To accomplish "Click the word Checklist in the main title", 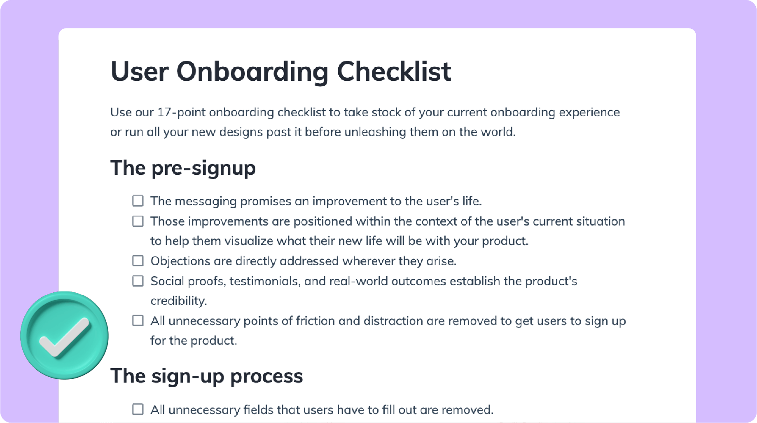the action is click(x=394, y=71).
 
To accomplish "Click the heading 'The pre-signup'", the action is click(x=183, y=168).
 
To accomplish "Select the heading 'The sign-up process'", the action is click(x=207, y=376).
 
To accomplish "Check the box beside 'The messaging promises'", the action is click(x=138, y=201).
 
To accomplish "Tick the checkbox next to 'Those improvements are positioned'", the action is click(x=138, y=221).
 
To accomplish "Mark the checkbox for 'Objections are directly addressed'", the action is click(x=138, y=261).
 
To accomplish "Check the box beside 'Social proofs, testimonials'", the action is click(x=138, y=281).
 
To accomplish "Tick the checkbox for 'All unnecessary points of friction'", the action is click(x=138, y=321).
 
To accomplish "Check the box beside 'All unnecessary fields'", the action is click(x=138, y=409).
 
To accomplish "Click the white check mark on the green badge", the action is click(x=65, y=337).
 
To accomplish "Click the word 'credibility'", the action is click(x=178, y=301).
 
